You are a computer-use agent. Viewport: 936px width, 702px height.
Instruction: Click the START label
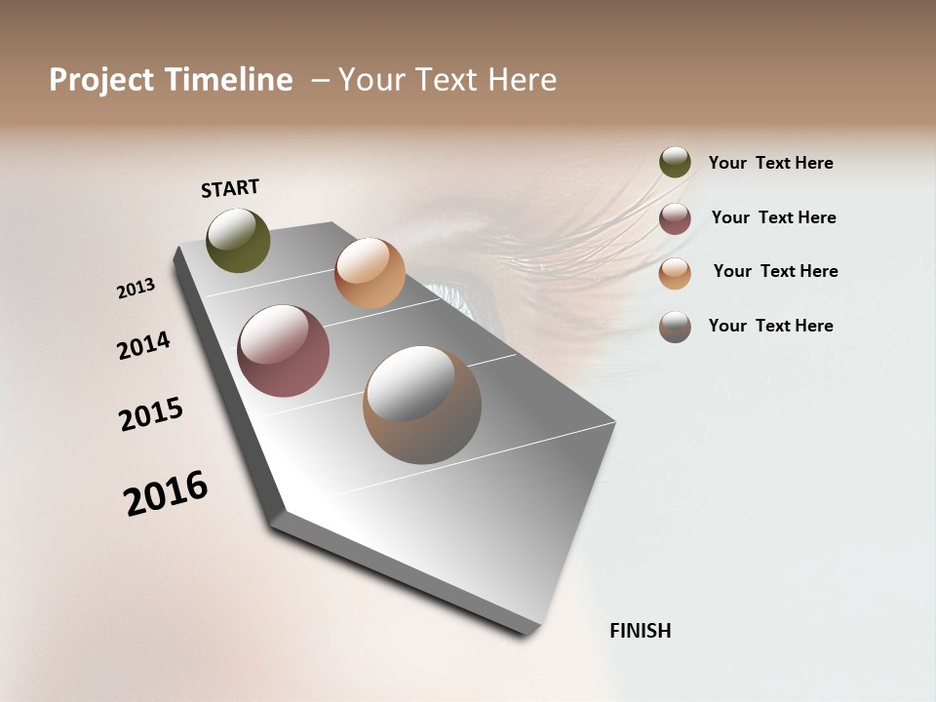tap(230, 188)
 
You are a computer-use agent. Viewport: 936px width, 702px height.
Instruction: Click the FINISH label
tap(640, 631)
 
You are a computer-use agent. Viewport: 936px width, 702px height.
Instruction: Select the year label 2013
tap(136, 289)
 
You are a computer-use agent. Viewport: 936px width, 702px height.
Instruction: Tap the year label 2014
tap(143, 345)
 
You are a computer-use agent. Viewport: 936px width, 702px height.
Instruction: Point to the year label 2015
tap(151, 414)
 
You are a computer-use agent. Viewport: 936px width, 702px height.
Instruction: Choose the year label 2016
tap(166, 493)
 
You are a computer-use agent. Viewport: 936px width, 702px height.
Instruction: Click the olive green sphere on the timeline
tap(238, 240)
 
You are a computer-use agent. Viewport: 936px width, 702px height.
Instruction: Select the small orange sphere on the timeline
tap(370, 273)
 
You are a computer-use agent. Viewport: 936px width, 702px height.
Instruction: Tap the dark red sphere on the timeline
tap(283, 351)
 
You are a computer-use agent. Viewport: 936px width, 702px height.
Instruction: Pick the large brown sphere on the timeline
tap(422, 405)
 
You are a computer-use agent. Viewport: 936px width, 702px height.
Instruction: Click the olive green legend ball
tap(675, 163)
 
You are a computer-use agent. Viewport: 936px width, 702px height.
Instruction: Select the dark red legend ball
tap(675, 218)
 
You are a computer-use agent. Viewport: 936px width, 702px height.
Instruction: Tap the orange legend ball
tap(675, 273)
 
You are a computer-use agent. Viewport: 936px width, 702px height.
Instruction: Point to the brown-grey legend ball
tap(675, 327)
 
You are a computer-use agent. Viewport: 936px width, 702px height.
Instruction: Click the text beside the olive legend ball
tap(770, 163)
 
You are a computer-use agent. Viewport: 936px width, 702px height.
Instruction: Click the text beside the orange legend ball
tap(775, 271)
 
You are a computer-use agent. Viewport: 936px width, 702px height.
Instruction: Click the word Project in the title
tap(100, 80)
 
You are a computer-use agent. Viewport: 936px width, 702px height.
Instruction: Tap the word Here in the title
tap(522, 80)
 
